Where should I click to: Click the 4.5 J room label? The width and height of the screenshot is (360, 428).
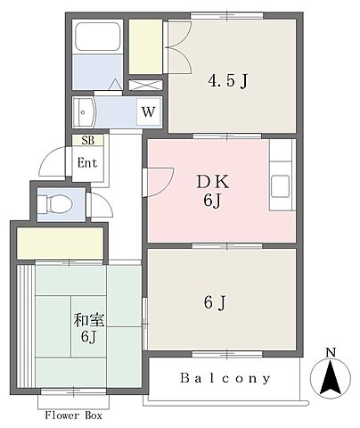tap(228, 81)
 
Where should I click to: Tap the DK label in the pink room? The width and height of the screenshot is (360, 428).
tap(213, 182)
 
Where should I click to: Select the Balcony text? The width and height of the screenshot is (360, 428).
tap(225, 378)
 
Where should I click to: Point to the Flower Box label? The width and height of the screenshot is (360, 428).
tap(73, 416)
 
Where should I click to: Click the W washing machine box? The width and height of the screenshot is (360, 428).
tap(149, 111)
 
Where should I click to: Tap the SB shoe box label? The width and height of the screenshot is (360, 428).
tap(88, 140)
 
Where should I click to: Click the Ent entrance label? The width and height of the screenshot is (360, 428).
tap(87, 163)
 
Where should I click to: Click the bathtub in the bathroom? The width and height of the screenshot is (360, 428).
tap(97, 36)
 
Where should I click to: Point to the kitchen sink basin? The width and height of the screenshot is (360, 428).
tap(280, 186)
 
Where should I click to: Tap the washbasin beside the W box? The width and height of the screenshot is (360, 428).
tap(84, 112)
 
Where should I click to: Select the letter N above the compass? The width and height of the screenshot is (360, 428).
tap(331, 352)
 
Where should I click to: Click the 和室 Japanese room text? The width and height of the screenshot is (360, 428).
tap(88, 320)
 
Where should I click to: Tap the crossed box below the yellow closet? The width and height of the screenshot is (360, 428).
tap(146, 85)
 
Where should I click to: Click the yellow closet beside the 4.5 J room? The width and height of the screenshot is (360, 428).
tap(145, 46)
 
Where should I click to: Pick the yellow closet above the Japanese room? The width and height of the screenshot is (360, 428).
tap(60, 243)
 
